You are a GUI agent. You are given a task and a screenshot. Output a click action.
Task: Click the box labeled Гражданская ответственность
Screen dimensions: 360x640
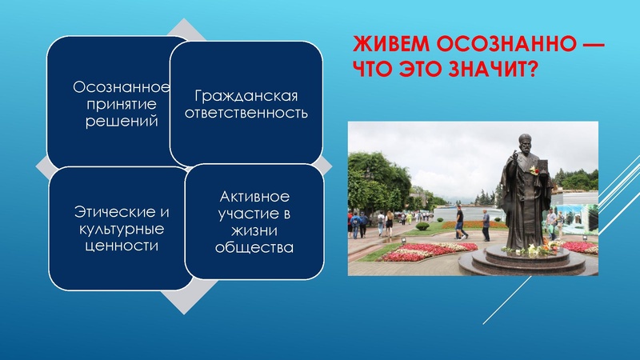[246, 104]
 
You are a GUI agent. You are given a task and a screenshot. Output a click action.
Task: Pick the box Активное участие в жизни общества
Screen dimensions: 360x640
[254, 222]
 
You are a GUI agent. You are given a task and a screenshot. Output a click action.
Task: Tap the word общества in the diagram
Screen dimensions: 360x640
[254, 247]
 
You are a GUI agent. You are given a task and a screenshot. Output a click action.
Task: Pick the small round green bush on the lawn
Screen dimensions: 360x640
[422, 227]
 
